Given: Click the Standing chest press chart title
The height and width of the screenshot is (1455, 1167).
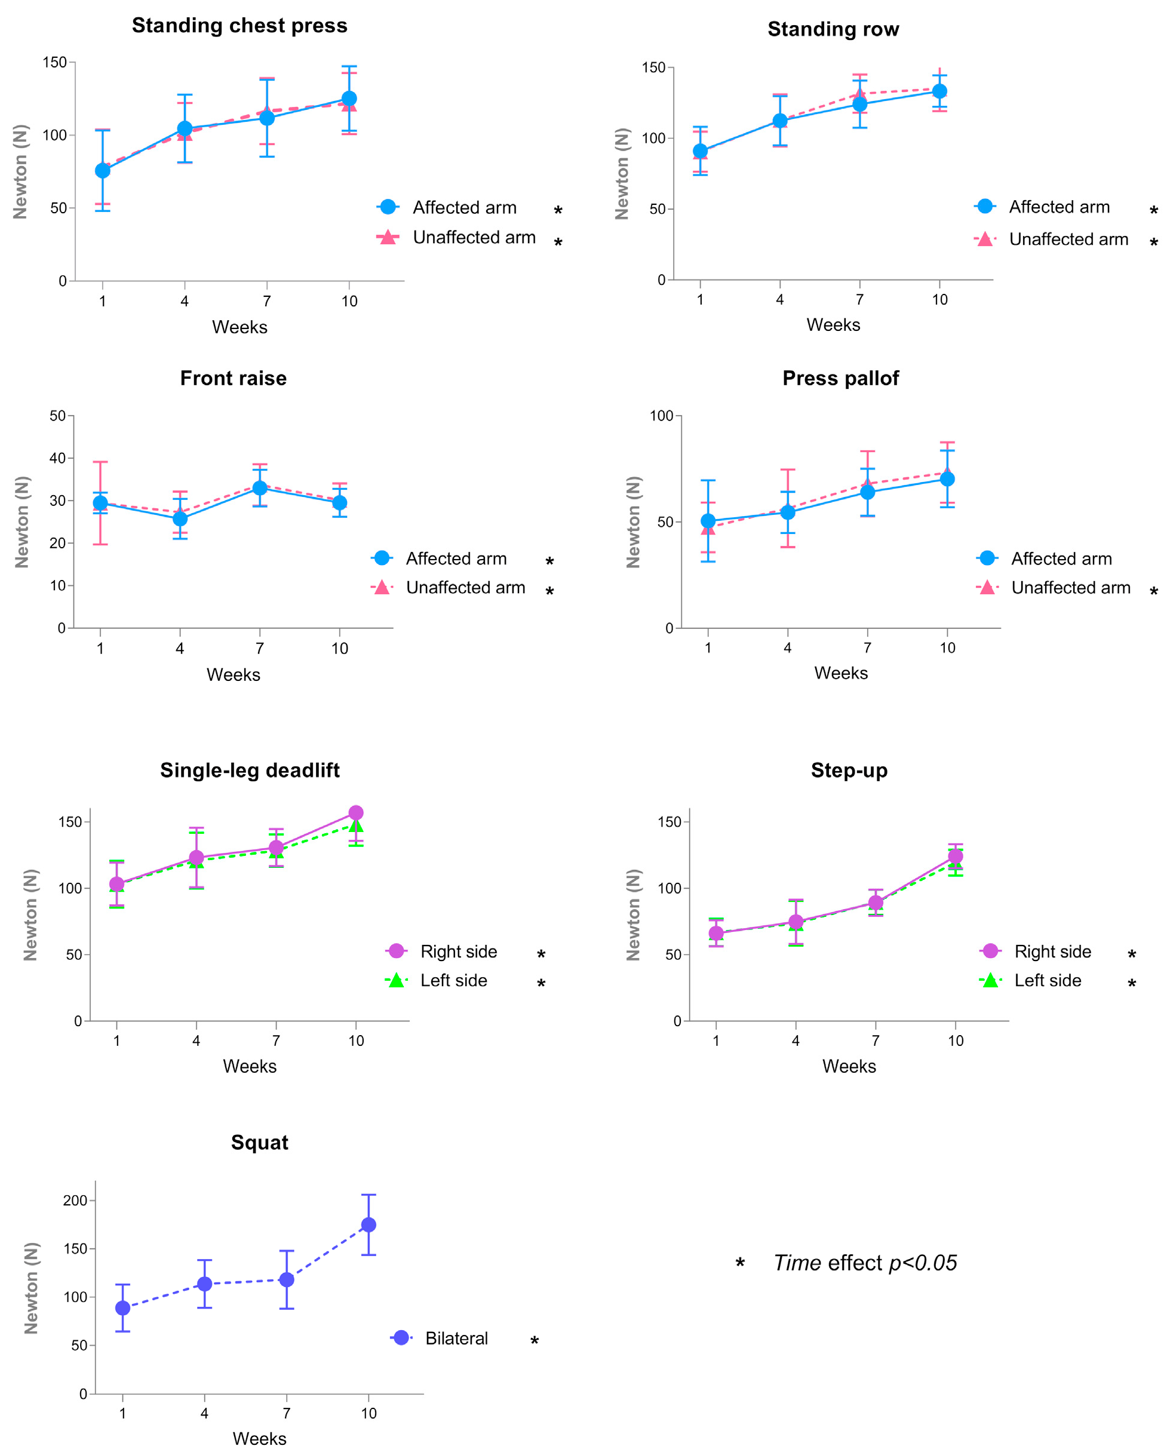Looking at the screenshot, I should point(239,26).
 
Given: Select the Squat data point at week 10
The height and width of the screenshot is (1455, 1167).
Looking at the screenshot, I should point(368,1225).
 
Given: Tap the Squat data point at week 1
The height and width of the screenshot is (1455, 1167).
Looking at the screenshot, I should point(123,1308).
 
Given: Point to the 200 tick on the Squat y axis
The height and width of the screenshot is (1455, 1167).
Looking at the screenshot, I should point(75,1201).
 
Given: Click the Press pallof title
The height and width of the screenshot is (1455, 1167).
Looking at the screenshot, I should point(840,378).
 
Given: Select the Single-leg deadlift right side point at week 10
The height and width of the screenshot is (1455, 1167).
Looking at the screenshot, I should point(356,812).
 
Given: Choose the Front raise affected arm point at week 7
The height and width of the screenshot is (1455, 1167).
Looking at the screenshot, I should point(260,487).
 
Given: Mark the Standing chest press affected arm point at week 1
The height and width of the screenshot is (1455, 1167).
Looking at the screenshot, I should point(103,171).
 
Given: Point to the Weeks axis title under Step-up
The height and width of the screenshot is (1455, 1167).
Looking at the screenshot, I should point(849,1066).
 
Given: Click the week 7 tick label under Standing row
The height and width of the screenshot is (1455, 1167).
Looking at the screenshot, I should point(859,300).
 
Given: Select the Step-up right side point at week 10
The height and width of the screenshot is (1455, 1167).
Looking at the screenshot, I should point(955,857).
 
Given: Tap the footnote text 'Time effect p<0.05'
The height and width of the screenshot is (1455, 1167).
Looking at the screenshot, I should point(865,1263).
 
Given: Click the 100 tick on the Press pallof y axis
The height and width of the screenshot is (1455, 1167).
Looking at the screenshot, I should point(662,416).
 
